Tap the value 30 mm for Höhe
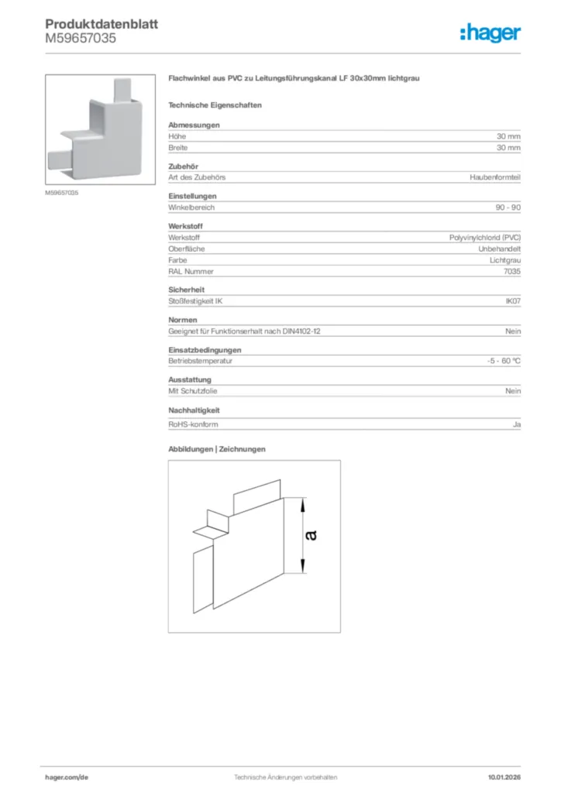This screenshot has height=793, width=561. pyautogui.click(x=508, y=136)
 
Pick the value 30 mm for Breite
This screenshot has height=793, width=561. pyautogui.click(x=508, y=147)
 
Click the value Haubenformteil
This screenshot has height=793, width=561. pyautogui.click(x=495, y=177)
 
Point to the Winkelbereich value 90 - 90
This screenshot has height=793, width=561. pyautogui.click(x=508, y=208)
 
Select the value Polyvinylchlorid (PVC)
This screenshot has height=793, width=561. pyautogui.click(x=485, y=238)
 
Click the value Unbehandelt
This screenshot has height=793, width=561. pyautogui.click(x=499, y=249)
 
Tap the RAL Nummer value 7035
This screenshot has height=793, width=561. pyautogui.click(x=512, y=272)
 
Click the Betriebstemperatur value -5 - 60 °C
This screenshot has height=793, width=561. pyautogui.click(x=498, y=361)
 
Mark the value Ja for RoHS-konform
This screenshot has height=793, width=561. pyautogui.click(x=516, y=424)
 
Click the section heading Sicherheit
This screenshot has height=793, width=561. pyautogui.click(x=184, y=289)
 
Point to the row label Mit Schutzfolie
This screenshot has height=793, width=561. pyautogui.click(x=193, y=391)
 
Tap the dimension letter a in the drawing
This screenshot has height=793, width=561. pyautogui.click(x=311, y=534)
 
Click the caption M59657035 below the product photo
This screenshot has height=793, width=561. pyautogui.click(x=61, y=192)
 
